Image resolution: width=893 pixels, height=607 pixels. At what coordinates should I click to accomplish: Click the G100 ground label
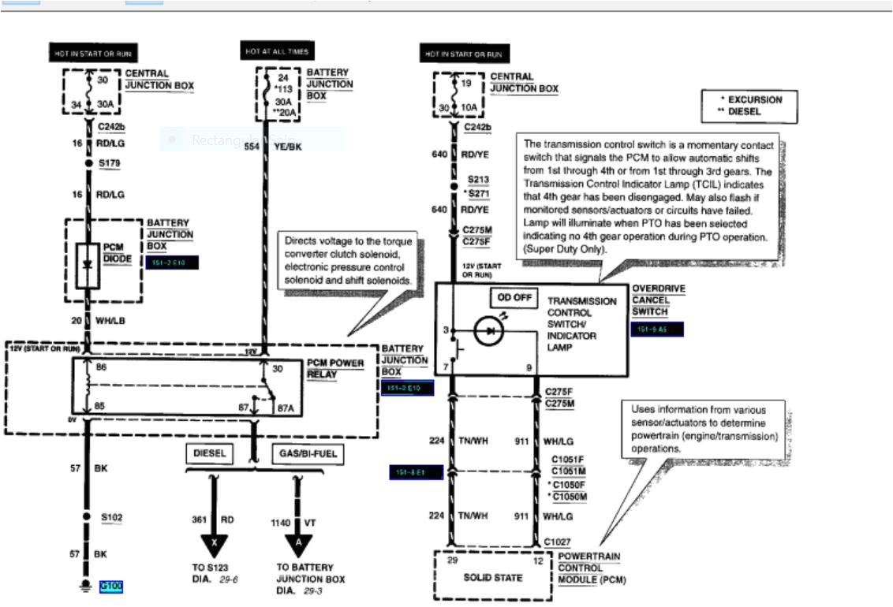(x=110, y=587)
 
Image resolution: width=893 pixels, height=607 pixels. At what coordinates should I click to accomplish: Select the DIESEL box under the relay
(x=210, y=454)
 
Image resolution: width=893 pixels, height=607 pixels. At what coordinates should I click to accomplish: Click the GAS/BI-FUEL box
(x=306, y=454)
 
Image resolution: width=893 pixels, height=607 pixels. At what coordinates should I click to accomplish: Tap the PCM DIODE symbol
(x=88, y=264)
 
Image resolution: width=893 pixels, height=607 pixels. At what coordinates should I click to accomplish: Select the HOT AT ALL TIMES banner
(x=275, y=51)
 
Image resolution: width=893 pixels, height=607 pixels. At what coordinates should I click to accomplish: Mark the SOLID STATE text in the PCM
(x=493, y=577)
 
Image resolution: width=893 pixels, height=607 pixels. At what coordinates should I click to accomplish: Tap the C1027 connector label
(x=557, y=542)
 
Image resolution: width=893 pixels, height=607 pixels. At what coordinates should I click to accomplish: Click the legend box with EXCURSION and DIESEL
(x=749, y=106)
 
